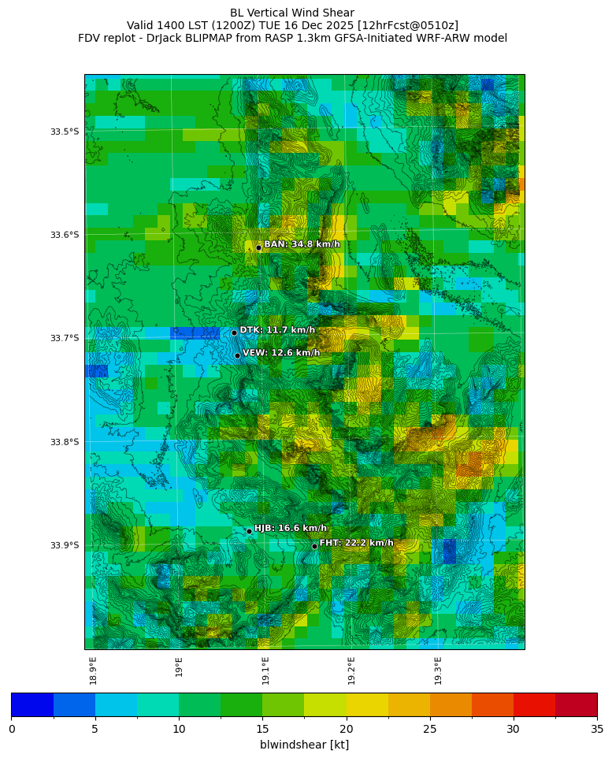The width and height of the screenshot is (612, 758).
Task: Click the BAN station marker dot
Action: click(258, 247)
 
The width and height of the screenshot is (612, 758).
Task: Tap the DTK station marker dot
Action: click(234, 333)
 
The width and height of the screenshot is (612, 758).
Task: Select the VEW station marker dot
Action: click(237, 355)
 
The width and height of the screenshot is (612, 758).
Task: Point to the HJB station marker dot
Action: click(249, 531)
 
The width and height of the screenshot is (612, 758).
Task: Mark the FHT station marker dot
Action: click(314, 546)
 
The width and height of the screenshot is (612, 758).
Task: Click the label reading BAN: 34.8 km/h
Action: click(302, 244)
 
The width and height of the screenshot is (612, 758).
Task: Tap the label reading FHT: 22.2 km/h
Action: click(356, 543)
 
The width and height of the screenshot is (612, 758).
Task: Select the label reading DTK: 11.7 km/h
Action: click(277, 330)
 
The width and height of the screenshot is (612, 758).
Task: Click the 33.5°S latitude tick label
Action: click(65, 132)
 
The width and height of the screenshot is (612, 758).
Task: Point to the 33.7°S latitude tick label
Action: click(65, 338)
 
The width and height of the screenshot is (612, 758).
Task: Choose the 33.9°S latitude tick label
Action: click(65, 545)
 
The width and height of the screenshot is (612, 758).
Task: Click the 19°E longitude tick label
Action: click(180, 667)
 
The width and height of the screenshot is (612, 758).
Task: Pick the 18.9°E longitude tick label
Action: click(93, 670)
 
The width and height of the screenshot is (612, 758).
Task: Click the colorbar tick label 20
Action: click(346, 729)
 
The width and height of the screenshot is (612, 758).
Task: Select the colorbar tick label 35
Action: click(596, 729)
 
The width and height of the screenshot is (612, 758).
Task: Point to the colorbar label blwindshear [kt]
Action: click(304, 745)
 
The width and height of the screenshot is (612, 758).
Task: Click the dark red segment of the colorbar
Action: click(576, 704)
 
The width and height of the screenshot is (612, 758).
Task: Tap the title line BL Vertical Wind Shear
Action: click(292, 13)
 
